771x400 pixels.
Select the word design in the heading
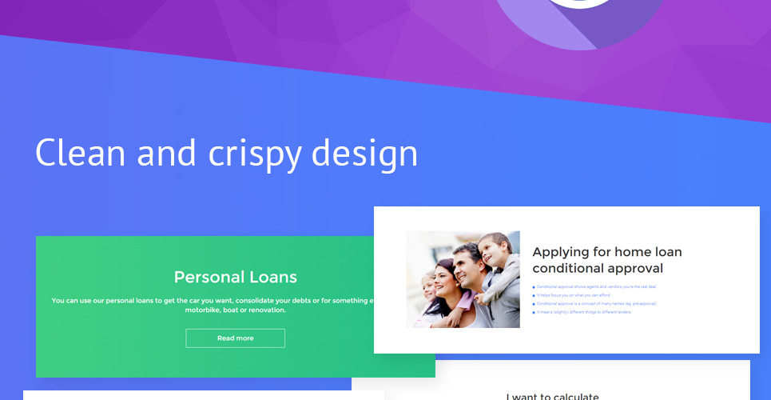(364, 152)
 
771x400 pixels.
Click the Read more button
(235, 338)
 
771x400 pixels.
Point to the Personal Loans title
(235, 278)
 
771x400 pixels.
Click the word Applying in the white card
(562, 252)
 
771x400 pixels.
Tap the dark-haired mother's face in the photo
(444, 278)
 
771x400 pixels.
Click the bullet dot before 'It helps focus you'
(534, 295)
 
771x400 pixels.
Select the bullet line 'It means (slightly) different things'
(584, 312)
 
